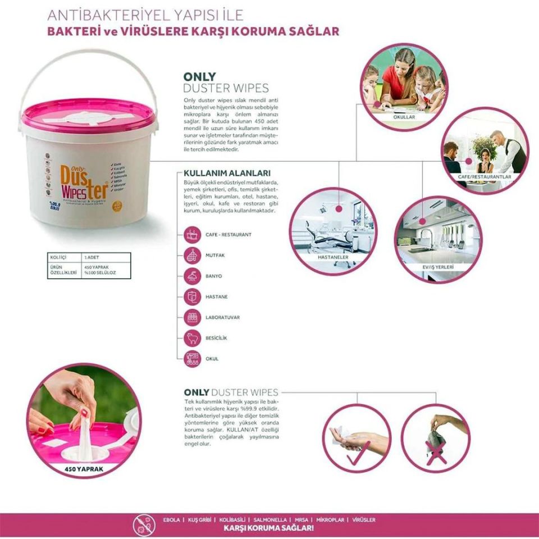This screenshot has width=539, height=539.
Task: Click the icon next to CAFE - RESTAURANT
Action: pos(192,234)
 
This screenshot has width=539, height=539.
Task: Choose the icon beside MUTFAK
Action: pos(192,255)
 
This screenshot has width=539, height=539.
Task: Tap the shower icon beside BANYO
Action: pos(192,276)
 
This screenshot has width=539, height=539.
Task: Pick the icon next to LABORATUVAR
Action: pos(192,317)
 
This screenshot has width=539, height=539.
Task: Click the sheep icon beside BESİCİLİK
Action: pos(192,338)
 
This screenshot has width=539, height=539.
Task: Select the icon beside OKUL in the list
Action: pos(192,359)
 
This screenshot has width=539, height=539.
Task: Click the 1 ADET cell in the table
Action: pos(93,257)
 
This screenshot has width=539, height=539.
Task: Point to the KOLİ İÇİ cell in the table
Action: pos(58,257)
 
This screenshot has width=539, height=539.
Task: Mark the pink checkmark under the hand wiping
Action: pos(358,453)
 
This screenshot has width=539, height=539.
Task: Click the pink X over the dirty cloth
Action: pos(436,452)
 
